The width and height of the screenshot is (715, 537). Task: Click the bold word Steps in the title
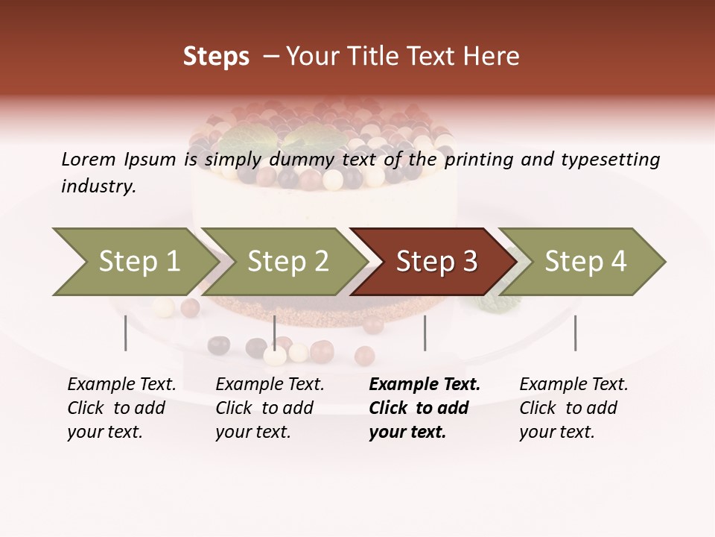point(216,57)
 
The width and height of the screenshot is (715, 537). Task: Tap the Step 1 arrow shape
point(134,262)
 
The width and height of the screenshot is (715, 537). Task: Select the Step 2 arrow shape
point(287,262)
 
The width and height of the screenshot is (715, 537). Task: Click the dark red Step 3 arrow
point(436,262)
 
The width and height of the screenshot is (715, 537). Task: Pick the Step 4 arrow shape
point(585,262)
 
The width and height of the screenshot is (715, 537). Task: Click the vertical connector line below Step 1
point(125,333)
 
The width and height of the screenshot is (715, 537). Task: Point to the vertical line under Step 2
point(275,333)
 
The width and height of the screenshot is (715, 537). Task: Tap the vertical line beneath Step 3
point(425,333)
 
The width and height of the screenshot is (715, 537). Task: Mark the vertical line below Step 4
point(575,333)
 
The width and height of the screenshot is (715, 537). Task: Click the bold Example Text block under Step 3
point(425,408)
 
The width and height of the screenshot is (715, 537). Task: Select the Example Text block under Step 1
point(121,408)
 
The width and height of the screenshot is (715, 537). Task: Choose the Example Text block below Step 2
point(270,408)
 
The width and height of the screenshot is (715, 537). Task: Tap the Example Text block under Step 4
point(573,408)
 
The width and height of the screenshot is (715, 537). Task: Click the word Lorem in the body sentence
point(88,159)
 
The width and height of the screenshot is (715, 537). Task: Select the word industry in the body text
point(98,186)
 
